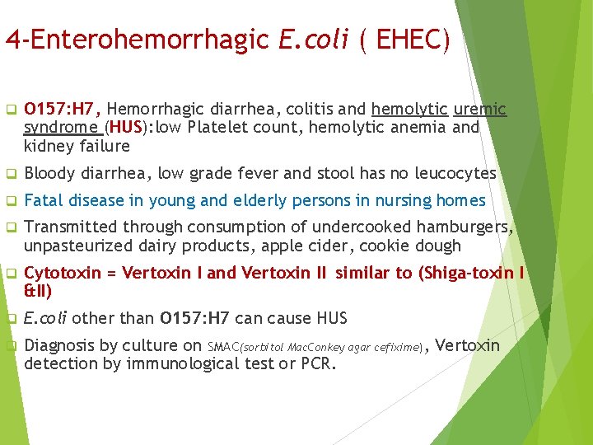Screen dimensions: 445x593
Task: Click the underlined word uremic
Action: coord(480,110)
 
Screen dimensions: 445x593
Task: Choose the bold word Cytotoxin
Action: coord(63,274)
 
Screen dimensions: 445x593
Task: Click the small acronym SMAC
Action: coord(222,347)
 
